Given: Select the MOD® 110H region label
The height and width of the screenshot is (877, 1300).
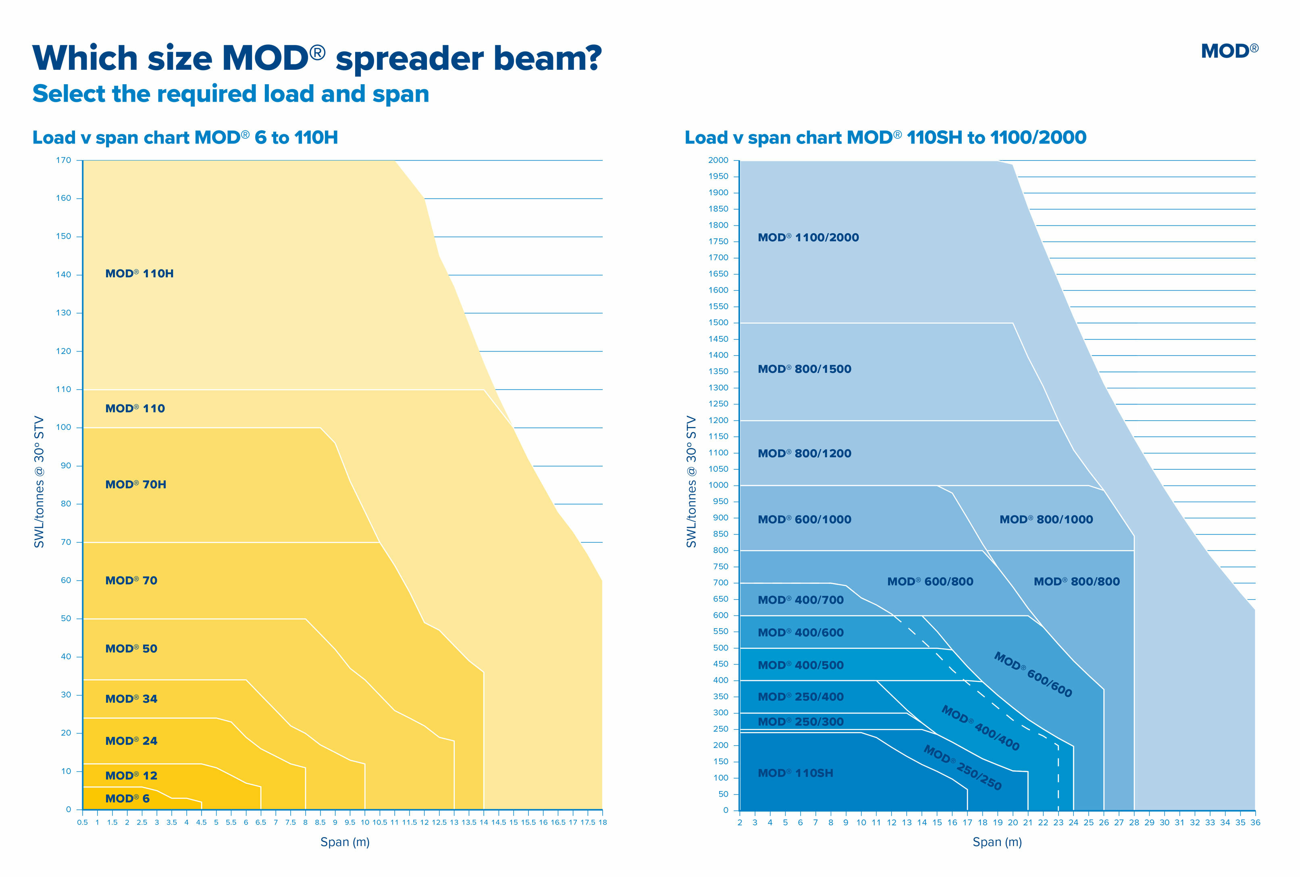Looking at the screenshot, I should pos(139,273).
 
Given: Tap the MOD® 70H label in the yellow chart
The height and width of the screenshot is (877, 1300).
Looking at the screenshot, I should pos(135,484).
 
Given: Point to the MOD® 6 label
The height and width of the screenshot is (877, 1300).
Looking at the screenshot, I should pos(127,798).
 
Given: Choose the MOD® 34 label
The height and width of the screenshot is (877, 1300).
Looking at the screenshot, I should pos(131,699).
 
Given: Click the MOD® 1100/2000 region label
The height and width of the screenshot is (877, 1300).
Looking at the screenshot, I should pos(808,237).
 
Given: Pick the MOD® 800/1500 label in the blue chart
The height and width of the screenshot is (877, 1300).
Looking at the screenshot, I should pos(804,369).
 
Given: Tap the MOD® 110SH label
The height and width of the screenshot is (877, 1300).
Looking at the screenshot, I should pos(795,773).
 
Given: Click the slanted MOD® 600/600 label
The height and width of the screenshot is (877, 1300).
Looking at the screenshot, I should pos(1033,675).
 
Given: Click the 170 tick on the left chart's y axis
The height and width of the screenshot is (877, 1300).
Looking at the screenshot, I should pos(64,160).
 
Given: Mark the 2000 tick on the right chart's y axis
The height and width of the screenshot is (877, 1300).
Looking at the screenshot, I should pos(718,160).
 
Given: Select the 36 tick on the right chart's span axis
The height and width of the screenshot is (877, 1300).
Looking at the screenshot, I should pos(1255,822).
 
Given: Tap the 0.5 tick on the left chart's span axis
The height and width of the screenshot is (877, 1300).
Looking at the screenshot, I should pos(82,822).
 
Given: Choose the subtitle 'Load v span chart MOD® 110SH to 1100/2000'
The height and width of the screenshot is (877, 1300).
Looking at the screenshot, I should pos(885,137).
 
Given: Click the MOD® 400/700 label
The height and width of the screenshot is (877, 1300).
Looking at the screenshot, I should pos(800,600).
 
